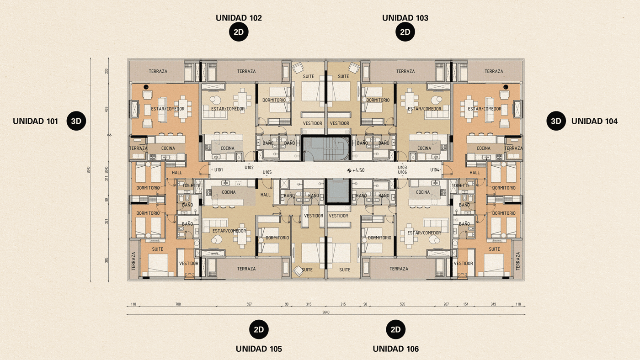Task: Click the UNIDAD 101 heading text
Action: point(36,121)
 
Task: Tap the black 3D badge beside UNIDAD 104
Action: point(556,121)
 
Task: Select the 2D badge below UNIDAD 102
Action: point(238,32)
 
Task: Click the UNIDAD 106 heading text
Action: point(395,349)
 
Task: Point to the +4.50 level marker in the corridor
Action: point(356,170)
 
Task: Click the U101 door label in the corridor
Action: point(218,170)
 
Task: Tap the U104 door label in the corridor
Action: point(435,170)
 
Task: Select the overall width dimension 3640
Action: point(326,312)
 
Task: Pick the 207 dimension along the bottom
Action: point(446,304)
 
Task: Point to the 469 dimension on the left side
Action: point(107,109)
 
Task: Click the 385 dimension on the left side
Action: point(107,260)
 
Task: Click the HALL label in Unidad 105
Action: point(265,195)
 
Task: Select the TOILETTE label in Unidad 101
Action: point(191,185)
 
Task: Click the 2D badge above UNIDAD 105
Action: point(259,329)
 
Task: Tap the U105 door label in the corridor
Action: point(267,172)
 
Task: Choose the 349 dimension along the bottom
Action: point(493,304)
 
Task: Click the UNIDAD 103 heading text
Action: point(405,18)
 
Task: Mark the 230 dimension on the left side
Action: point(107,71)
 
